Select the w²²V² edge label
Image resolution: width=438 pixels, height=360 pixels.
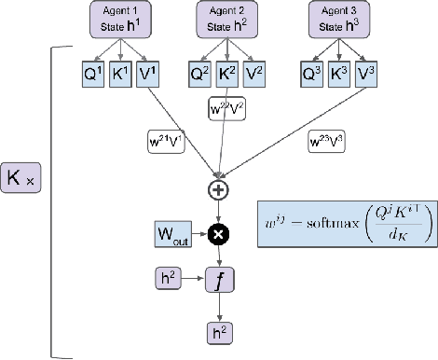pyautogui.click(x=226, y=109)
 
